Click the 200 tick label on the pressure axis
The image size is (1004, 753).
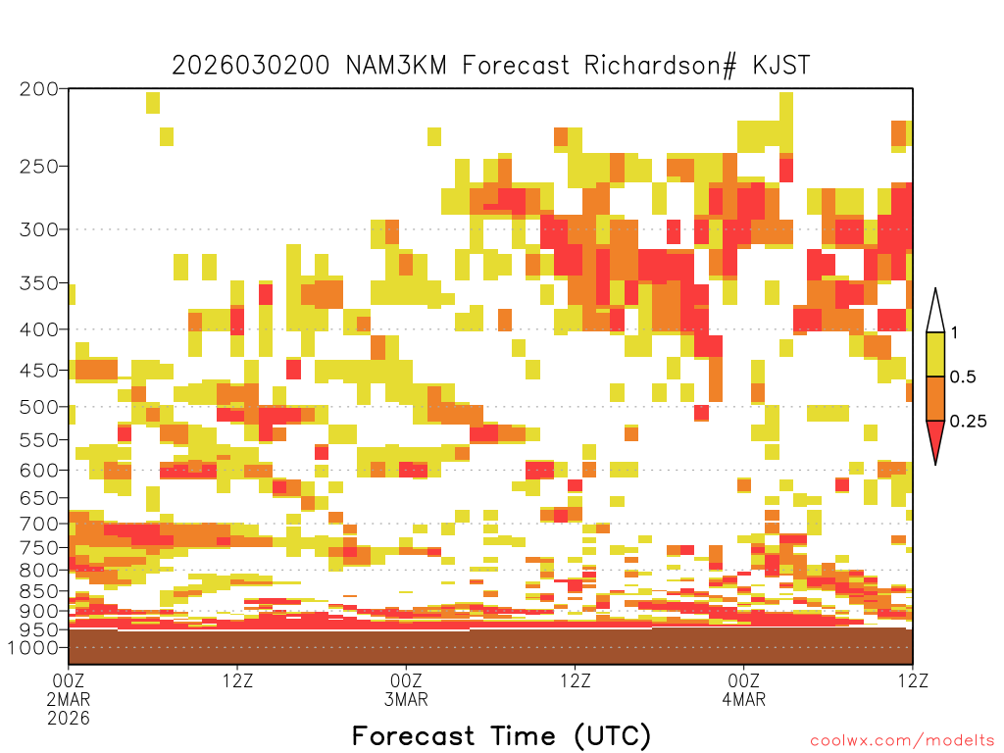[x=38, y=89]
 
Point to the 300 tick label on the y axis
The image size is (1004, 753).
[x=38, y=229]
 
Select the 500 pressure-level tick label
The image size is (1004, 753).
[x=38, y=407]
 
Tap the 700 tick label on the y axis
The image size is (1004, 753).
[x=38, y=524]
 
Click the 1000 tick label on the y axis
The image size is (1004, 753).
[x=33, y=648]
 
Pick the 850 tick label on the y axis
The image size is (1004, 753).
[x=38, y=591]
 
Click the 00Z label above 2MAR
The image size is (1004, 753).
[x=69, y=680]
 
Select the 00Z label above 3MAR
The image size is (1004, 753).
[x=406, y=680]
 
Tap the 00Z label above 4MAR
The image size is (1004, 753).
[x=743, y=680]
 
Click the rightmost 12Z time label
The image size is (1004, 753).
[x=913, y=680]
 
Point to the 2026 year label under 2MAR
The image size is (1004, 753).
[x=69, y=719]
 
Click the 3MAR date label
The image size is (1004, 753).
[x=406, y=699]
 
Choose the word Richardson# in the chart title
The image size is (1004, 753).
[x=660, y=66]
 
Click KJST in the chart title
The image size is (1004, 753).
[x=781, y=66]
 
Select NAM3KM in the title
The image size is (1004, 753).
[x=396, y=66]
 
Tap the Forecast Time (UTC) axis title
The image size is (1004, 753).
[x=501, y=735]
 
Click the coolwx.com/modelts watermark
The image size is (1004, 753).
[x=903, y=741]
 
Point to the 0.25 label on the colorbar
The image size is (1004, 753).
[x=968, y=422]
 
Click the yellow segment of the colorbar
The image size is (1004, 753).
[x=935, y=354]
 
